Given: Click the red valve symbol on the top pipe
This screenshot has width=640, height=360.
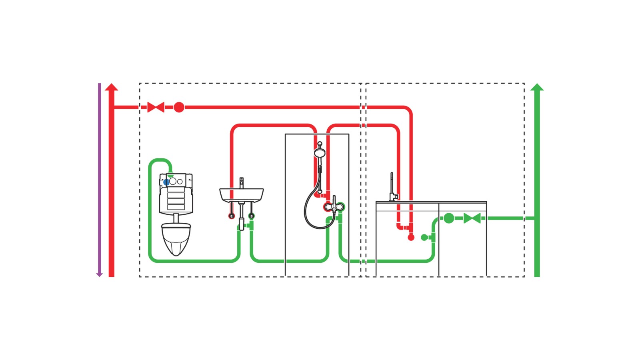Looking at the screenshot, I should [156, 107].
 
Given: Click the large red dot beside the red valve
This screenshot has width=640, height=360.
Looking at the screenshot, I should [179, 107].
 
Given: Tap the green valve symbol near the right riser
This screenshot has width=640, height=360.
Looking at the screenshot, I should [472, 218].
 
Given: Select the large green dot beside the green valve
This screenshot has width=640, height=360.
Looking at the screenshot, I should [449, 218].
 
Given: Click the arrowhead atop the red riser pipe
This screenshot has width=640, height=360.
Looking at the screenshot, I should [112, 87].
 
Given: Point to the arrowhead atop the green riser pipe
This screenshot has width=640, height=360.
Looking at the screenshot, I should [537, 87].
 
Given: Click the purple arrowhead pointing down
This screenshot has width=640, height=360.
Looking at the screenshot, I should [100, 274].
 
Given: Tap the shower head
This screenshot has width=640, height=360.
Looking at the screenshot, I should [320, 153].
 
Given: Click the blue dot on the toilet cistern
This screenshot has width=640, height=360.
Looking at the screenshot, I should [166, 182].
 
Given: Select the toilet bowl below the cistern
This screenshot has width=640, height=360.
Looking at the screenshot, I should [176, 238].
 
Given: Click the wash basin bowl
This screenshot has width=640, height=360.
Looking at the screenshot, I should [242, 195].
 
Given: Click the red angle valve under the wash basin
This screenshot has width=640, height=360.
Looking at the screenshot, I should [232, 216].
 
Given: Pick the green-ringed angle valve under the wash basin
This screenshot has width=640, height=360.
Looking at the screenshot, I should [251, 216].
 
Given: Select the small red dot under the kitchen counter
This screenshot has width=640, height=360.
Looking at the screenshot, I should [411, 238].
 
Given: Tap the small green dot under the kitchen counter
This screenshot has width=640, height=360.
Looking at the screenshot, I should [424, 238].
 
